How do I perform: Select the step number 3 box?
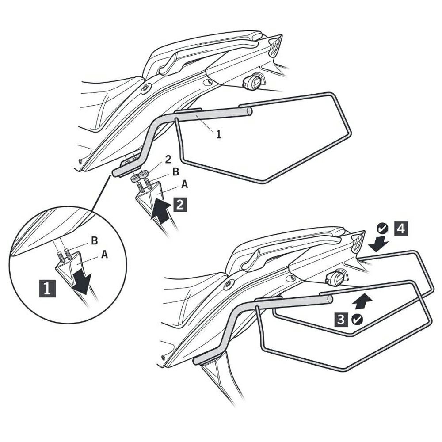(x=341, y=319)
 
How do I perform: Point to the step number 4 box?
(x=400, y=229)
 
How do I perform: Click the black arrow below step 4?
(x=378, y=244)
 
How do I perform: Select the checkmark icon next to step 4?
(x=382, y=228)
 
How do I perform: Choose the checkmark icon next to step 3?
(x=358, y=320)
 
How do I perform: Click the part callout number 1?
(x=218, y=134)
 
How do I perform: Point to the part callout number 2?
(x=168, y=160)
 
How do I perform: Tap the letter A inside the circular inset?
(x=104, y=255)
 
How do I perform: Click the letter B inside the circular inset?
(x=95, y=241)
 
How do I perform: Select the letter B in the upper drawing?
(x=175, y=172)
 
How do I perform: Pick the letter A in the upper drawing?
(x=184, y=184)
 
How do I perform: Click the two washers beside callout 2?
(x=140, y=175)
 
